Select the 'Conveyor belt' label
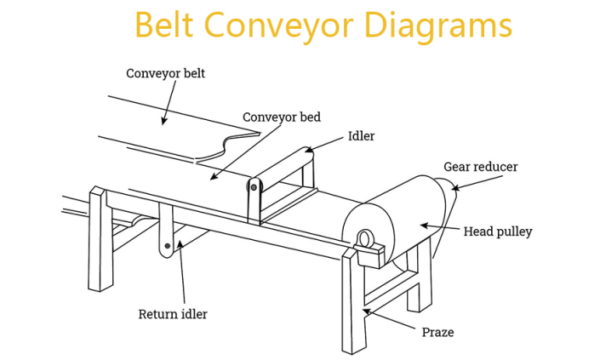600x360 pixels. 166,74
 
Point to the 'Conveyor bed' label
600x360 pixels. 282,117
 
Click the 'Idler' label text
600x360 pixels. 361,136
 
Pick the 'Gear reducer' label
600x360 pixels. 480,167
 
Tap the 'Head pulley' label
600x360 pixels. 497,231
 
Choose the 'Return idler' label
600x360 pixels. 173,314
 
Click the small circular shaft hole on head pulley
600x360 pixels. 363,238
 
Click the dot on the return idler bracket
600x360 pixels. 168,247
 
